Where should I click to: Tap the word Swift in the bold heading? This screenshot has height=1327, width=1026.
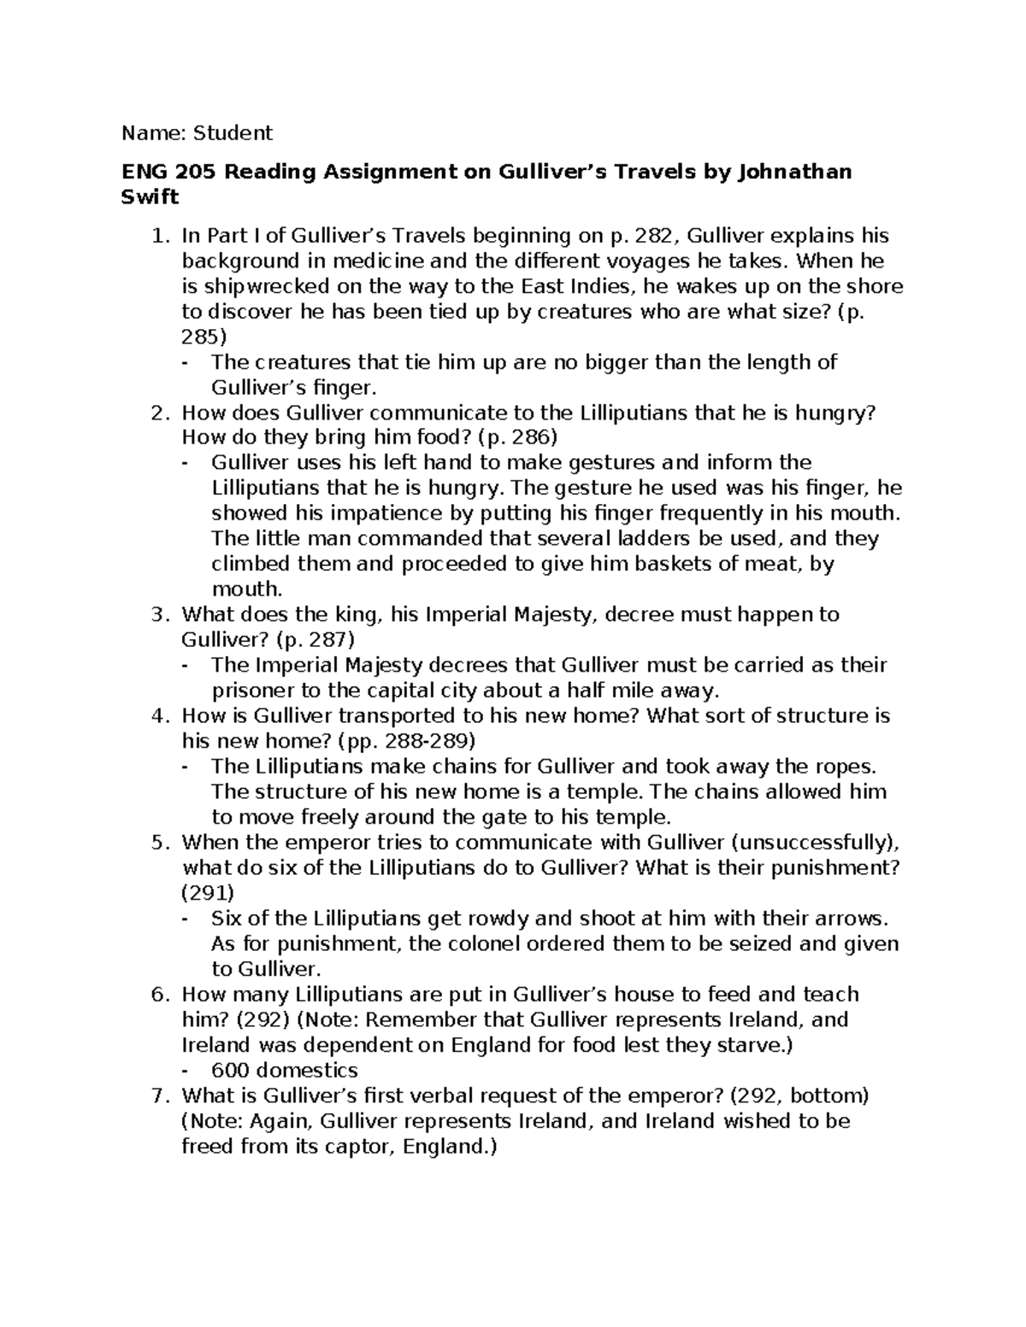(150, 197)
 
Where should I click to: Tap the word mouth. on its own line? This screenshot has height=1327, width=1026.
(246, 589)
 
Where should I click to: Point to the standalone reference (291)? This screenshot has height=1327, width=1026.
(207, 893)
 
